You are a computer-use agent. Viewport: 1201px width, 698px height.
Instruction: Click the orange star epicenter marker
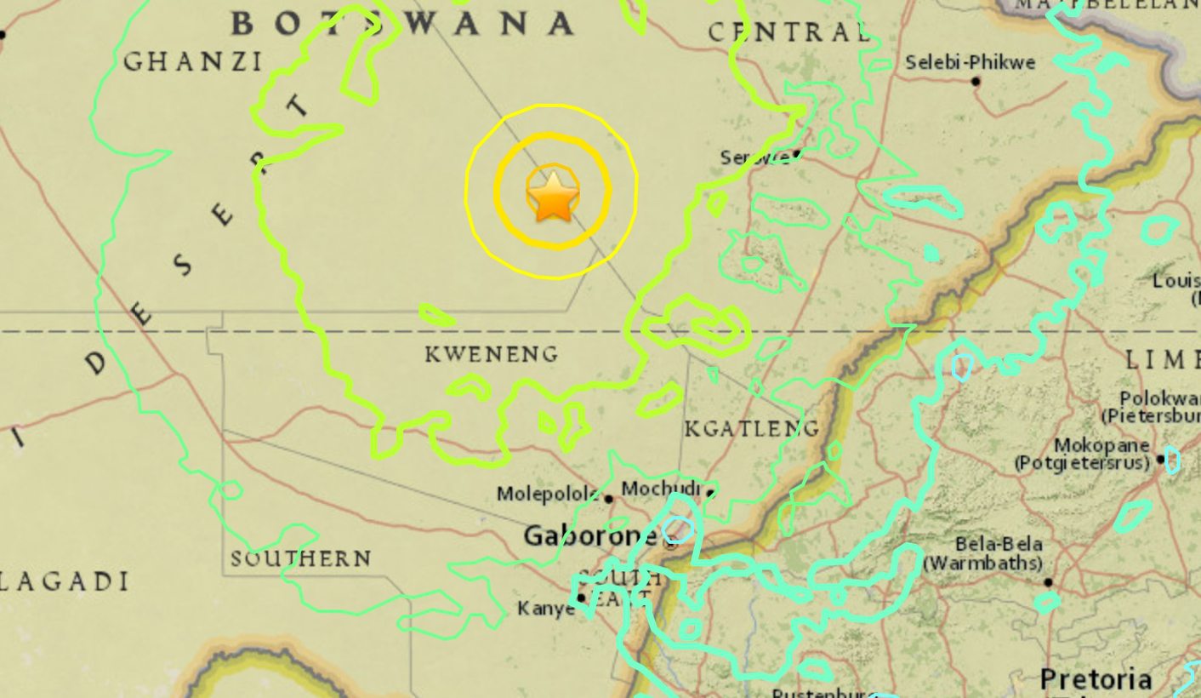click(x=553, y=195)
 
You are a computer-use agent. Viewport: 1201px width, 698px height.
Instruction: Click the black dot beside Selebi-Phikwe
click(x=976, y=82)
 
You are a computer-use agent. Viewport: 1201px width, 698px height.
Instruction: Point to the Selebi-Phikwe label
click(x=970, y=62)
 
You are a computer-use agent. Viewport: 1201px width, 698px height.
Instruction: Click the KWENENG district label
click(x=492, y=353)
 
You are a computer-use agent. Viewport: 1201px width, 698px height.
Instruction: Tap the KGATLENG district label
click(x=752, y=428)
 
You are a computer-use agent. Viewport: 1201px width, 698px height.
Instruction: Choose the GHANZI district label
click(x=193, y=61)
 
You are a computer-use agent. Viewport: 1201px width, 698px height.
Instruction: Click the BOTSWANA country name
click(x=402, y=24)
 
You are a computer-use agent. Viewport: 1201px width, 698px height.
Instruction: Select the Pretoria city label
click(x=1096, y=679)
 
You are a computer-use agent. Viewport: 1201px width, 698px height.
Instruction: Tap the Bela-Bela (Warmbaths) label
click(x=985, y=553)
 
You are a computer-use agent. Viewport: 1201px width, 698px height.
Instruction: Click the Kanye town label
click(x=545, y=609)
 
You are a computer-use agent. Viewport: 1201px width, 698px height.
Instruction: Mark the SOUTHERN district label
click(x=300, y=558)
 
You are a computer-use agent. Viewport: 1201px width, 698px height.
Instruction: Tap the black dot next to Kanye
click(x=582, y=598)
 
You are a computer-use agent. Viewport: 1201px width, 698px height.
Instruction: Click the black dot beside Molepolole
click(x=609, y=499)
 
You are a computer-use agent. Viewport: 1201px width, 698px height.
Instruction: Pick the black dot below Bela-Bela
click(x=1048, y=582)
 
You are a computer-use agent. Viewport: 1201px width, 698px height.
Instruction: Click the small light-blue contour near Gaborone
click(x=678, y=529)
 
